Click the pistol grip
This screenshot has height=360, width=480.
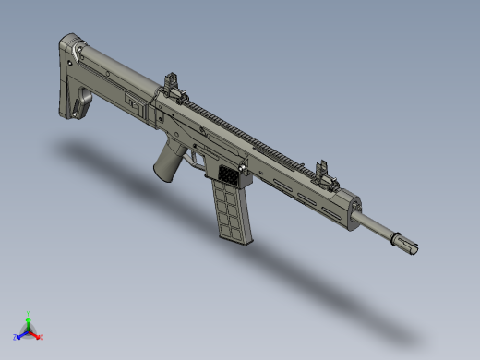168,163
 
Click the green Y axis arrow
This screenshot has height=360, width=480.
29,318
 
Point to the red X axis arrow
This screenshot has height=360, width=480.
36,333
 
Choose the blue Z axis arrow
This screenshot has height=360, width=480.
20,333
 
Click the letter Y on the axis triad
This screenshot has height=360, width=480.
29,312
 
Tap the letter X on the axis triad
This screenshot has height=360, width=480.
42,336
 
